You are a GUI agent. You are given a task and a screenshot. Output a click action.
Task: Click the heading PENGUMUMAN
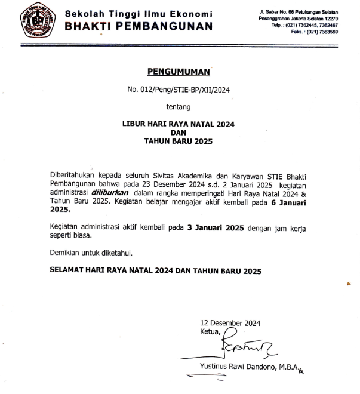point(179,72)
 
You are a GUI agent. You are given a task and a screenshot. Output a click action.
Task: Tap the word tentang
point(179,107)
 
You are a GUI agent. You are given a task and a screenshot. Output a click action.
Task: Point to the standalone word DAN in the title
point(179,133)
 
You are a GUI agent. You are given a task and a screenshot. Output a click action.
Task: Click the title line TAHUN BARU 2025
point(179,141)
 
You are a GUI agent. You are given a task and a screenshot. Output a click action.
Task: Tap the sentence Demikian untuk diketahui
point(91,253)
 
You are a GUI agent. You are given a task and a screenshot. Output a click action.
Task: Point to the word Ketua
point(211,331)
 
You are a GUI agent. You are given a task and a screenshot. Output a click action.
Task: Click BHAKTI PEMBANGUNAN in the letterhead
point(138,26)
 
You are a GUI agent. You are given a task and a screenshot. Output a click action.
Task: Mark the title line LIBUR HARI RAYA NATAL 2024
point(179,124)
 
